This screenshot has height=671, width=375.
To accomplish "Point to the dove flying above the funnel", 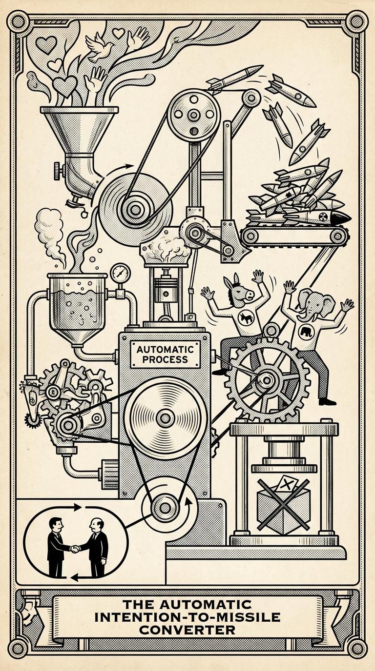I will coord(100,46).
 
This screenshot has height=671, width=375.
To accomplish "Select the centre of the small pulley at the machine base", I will coord(160,509).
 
